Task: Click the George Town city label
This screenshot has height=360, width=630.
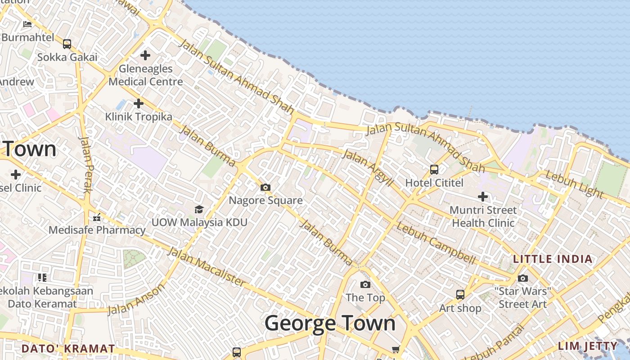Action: tap(330, 324)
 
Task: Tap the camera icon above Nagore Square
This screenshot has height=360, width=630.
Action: tap(265, 187)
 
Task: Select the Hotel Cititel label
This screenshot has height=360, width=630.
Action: tap(434, 183)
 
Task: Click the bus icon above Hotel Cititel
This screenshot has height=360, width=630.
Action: tap(434, 170)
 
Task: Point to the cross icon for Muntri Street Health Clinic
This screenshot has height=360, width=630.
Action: tap(483, 197)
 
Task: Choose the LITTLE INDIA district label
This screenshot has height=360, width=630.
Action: tap(553, 259)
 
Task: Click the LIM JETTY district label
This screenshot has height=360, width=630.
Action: tap(588, 346)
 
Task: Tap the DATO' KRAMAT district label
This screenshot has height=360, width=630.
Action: tap(68, 349)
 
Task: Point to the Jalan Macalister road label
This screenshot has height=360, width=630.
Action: tap(207, 267)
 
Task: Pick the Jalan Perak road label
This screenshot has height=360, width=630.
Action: tap(85, 164)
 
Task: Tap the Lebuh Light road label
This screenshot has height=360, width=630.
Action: tap(574, 184)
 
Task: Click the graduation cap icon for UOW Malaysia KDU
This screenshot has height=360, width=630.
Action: tap(199, 209)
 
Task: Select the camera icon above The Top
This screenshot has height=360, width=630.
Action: tap(365, 284)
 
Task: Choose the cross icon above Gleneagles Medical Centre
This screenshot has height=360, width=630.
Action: tap(145, 55)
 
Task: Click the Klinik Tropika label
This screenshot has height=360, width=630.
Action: tap(139, 117)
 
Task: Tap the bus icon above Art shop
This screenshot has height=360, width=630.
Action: tap(460, 295)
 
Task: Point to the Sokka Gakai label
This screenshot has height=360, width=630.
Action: tap(67, 57)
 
